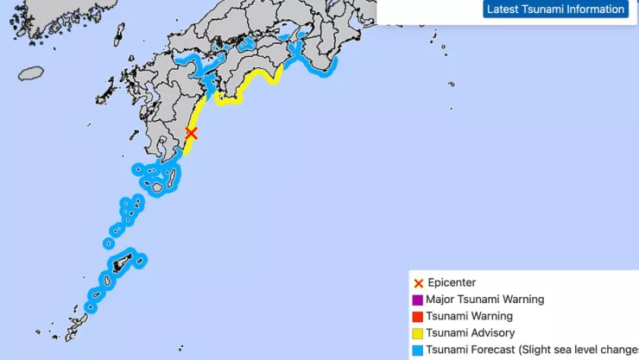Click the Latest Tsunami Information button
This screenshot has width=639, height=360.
click(x=555, y=9)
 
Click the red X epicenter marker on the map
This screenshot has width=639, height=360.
click(x=192, y=133)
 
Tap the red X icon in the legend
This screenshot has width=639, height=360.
click(x=418, y=283)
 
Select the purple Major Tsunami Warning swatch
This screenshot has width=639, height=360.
click(x=418, y=300)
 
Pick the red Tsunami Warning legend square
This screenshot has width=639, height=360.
click(x=418, y=317)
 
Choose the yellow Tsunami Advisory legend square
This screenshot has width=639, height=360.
click(x=418, y=333)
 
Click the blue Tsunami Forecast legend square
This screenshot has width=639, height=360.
click(x=418, y=351)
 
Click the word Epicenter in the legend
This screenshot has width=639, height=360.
click(x=452, y=283)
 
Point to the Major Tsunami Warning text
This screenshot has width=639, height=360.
click(x=485, y=300)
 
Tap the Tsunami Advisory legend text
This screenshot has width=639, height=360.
click(x=470, y=333)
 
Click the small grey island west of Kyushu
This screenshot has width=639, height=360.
click(x=30, y=73)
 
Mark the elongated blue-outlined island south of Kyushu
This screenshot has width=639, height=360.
click(x=171, y=177)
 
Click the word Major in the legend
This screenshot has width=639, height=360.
click(x=440, y=300)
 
